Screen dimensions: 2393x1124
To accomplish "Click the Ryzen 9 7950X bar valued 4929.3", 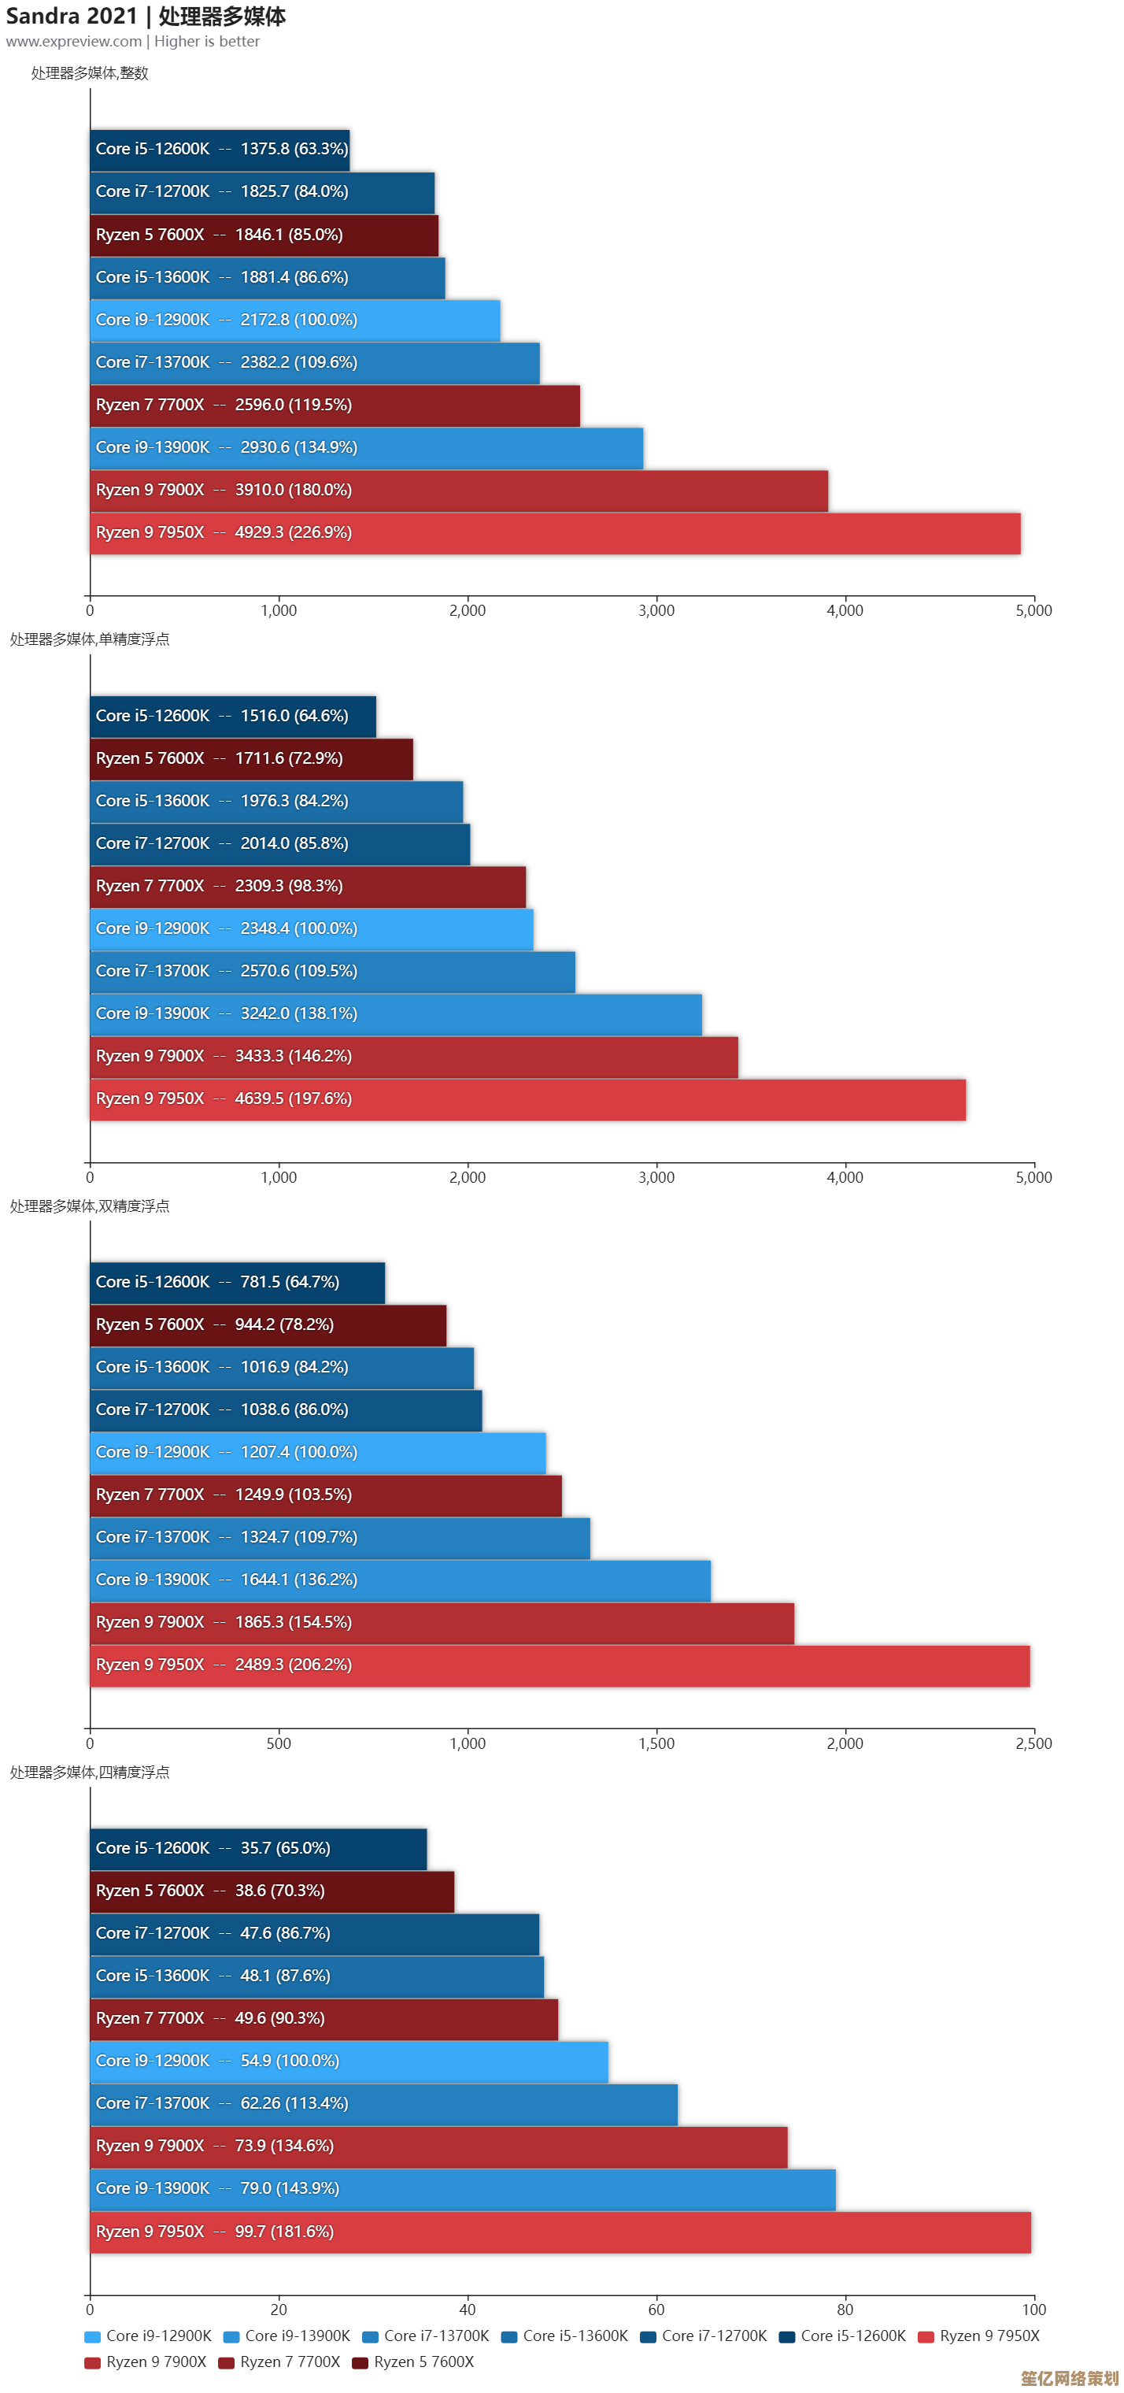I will [555, 533].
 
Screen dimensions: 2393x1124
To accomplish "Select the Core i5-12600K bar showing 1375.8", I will [220, 150].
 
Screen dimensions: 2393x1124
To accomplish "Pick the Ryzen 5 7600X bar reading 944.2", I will [268, 1324].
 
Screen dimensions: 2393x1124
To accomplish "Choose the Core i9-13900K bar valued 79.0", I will [463, 2188].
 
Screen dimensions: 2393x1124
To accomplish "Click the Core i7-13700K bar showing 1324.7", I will [340, 1537].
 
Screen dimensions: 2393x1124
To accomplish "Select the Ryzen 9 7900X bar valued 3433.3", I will [413, 1056].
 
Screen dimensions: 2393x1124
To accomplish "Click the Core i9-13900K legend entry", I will [287, 2336].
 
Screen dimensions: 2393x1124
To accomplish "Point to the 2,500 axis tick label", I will [1033, 1743].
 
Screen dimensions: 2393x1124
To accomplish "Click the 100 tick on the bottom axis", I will [1033, 2310].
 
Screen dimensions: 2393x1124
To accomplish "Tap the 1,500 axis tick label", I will [656, 1743].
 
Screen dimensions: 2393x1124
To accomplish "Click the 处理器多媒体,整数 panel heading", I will [89, 73].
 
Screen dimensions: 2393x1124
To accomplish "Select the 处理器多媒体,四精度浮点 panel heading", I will [89, 1773].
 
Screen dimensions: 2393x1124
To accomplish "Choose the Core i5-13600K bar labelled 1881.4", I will [268, 278].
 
